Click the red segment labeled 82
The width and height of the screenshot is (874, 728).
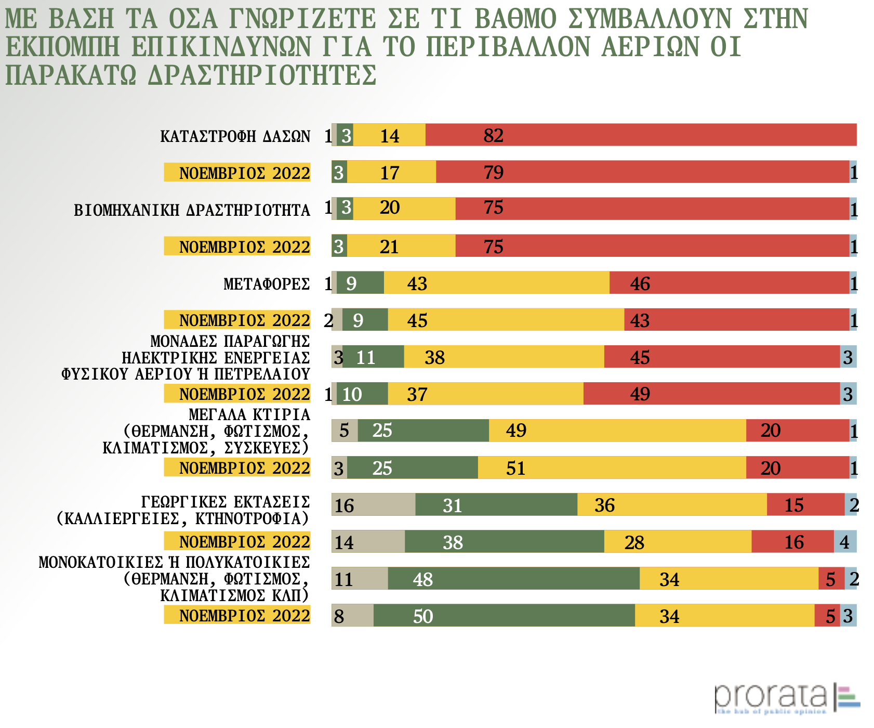641,135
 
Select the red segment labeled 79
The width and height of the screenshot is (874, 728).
642,172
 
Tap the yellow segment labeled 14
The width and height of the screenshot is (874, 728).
389,135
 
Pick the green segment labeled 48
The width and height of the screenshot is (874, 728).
513,579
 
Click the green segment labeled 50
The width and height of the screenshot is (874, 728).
504,616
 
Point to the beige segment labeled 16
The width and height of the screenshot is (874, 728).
373,505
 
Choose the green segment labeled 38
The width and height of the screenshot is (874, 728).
504,542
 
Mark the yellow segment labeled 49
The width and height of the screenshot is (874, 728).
617,431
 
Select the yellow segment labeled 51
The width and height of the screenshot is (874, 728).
612,468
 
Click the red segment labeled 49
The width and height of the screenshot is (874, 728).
711,394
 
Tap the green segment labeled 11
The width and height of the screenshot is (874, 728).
373,357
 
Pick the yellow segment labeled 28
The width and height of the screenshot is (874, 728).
678,542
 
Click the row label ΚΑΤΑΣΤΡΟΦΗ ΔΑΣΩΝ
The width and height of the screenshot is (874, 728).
235,136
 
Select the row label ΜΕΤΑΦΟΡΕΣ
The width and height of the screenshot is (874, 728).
267,284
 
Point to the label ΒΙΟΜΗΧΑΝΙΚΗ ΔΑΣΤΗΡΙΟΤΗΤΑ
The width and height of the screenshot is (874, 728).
192,210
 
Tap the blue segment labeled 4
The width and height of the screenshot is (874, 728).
845,542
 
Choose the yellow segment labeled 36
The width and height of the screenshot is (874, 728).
672,505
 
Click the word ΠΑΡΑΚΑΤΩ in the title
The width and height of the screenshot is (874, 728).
71,75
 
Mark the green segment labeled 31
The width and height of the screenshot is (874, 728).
496,505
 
